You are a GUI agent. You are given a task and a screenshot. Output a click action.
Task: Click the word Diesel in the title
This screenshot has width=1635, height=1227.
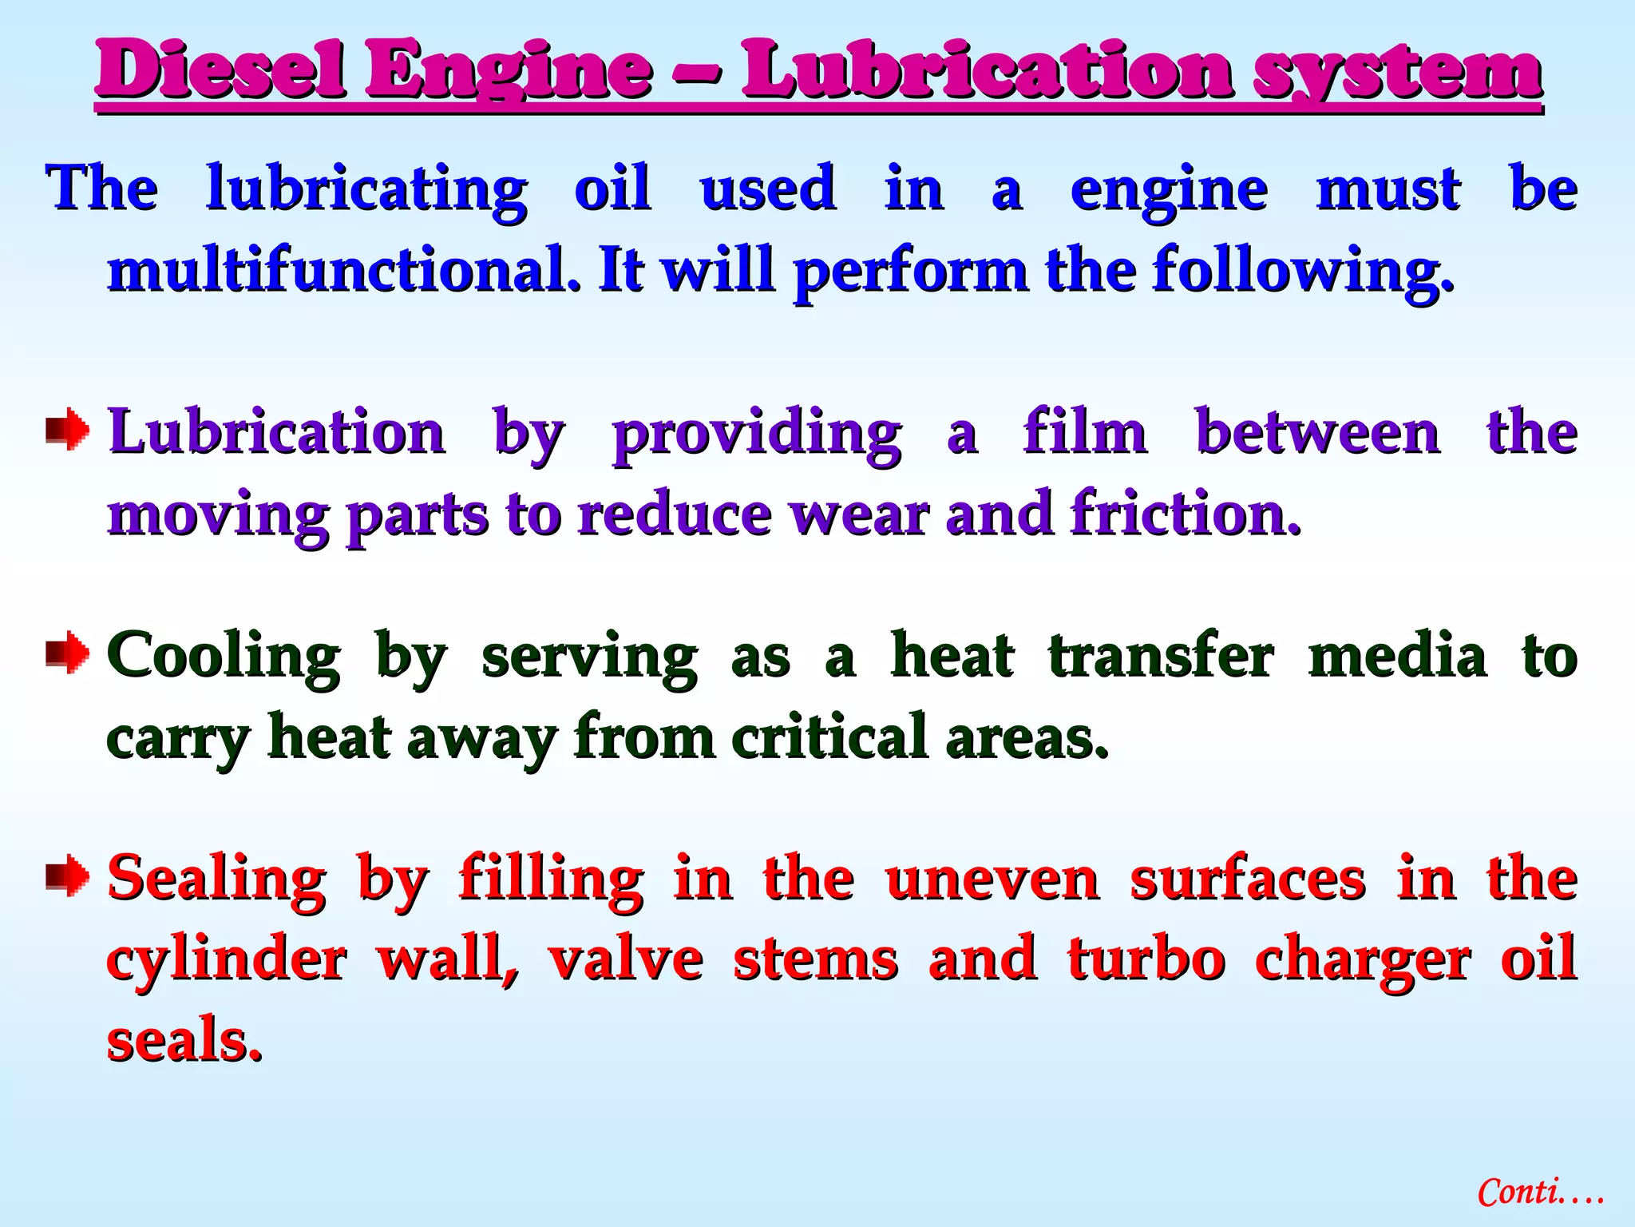220,70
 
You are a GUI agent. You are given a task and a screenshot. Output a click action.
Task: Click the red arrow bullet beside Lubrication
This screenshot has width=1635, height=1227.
68,431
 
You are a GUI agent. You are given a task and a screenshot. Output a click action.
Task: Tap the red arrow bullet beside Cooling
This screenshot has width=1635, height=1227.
68,654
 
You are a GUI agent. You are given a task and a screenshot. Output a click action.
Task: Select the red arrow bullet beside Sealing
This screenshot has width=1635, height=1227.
68,876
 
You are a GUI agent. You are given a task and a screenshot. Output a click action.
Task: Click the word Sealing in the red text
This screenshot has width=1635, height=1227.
217,879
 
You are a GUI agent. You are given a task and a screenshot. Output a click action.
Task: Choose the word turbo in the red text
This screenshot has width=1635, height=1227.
1146,959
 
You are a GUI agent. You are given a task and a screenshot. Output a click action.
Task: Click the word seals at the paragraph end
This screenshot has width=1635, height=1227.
184,1040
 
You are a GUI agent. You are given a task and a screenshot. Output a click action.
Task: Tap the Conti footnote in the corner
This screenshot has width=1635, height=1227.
1540,1192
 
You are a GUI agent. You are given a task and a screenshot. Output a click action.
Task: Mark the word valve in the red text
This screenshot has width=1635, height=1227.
626,959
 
